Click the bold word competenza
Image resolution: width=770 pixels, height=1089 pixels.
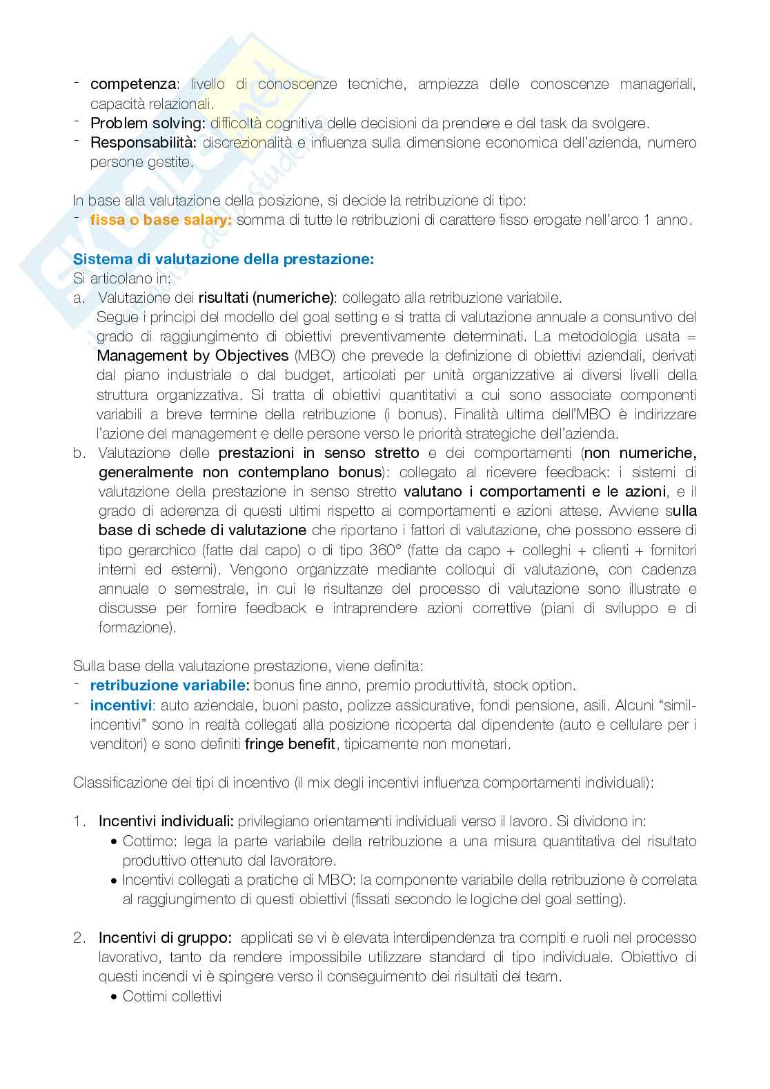point(133,84)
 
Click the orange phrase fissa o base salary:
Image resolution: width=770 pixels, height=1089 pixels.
point(161,220)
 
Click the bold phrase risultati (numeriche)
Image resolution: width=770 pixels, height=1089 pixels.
point(266,298)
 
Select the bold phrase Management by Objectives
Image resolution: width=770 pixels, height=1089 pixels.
point(192,356)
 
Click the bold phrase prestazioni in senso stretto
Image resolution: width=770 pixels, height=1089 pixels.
point(318,453)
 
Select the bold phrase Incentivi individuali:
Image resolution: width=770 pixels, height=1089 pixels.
point(166,821)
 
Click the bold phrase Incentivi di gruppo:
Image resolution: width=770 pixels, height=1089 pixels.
point(165,938)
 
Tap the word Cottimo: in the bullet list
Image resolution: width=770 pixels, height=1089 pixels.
point(146,841)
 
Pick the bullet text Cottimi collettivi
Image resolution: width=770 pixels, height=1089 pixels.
point(172,997)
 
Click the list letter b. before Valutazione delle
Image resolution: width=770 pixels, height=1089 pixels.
point(79,453)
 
